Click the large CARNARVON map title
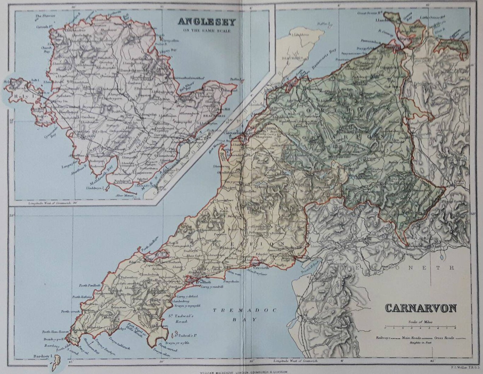(x=421, y=308)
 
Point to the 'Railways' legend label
(x=383, y=338)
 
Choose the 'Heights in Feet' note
(x=421, y=342)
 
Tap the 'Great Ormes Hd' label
(x=369, y=13)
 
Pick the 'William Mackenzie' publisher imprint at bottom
(x=242, y=372)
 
